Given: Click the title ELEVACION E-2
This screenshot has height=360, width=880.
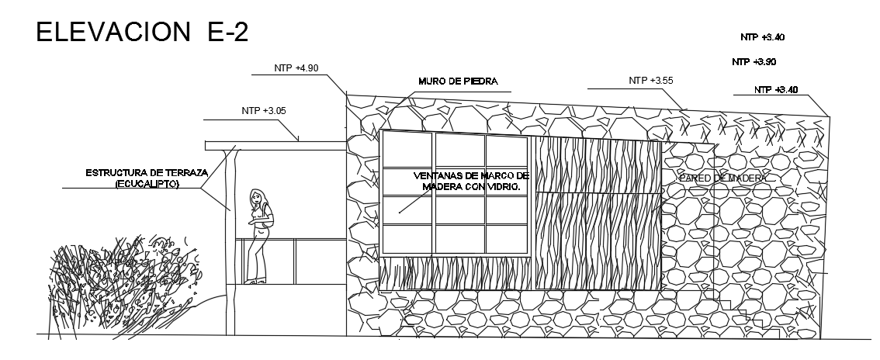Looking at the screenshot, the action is [x=141, y=33].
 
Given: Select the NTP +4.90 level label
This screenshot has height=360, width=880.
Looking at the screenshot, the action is [x=296, y=68].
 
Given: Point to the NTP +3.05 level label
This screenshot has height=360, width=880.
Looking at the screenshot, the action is [x=264, y=111].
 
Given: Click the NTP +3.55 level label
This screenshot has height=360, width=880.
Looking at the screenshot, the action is [x=650, y=80].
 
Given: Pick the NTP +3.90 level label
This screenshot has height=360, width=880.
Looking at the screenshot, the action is [x=754, y=61].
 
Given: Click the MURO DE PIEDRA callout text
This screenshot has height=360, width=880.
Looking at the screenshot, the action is [x=458, y=81].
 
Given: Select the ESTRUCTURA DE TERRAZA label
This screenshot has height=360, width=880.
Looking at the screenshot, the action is [x=146, y=172].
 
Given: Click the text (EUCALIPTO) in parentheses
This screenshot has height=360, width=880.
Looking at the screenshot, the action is [x=147, y=184].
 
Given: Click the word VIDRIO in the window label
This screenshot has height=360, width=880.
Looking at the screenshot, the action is [x=499, y=186].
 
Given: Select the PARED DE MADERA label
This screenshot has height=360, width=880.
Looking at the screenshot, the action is [x=722, y=178].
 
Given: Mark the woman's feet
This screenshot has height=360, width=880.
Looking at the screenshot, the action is [x=254, y=281].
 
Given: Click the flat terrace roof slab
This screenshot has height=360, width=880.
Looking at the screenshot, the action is [x=275, y=145].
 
